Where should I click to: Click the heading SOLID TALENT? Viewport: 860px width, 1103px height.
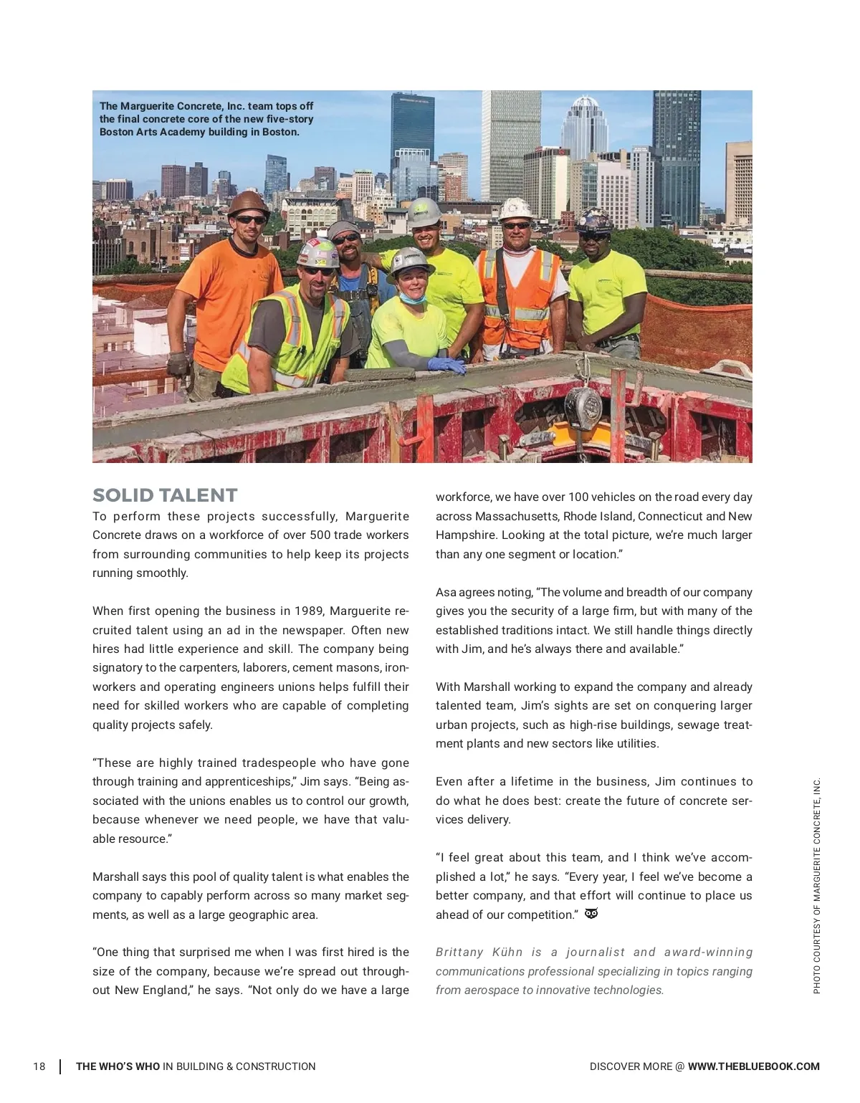(x=165, y=495)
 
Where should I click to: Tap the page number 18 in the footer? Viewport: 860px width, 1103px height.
(x=39, y=1066)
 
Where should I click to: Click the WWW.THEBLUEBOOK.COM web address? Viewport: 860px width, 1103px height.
(x=753, y=1066)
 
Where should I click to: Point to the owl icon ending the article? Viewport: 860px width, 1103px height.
(x=591, y=914)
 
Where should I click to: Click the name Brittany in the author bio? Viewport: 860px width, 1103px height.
(x=459, y=952)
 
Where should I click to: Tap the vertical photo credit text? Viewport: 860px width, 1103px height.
(x=816, y=886)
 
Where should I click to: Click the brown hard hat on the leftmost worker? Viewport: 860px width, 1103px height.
(x=247, y=203)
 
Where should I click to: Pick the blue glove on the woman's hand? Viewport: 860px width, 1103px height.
(x=446, y=365)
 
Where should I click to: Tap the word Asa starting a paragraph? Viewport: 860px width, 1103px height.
(x=446, y=592)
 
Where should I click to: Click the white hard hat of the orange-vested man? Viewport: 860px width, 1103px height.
(x=515, y=209)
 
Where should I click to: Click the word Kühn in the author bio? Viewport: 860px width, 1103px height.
(x=507, y=952)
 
